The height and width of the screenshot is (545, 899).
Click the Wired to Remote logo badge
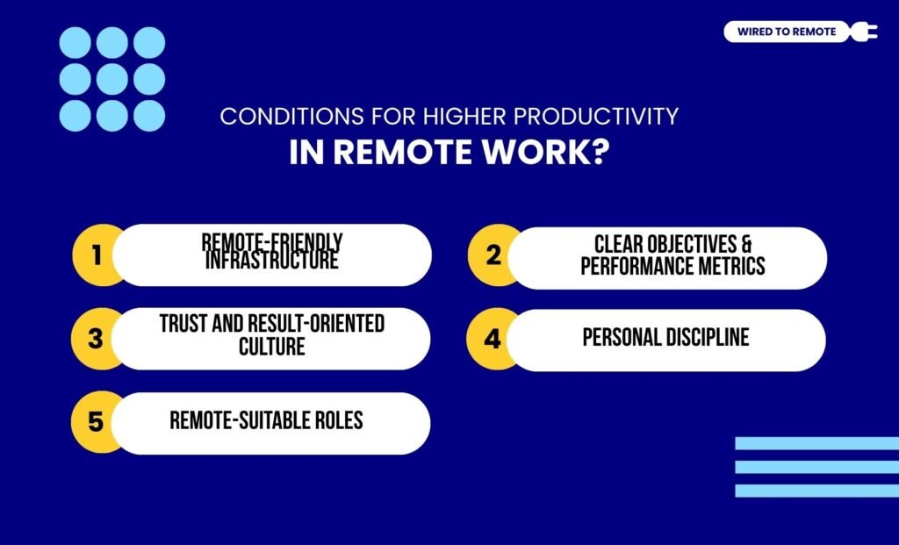(786, 32)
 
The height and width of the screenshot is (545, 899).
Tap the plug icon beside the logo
(862, 32)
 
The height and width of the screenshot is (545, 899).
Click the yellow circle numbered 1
(97, 255)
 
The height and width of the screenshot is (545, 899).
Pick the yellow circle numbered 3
(97, 338)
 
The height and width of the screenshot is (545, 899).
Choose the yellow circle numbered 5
(97, 422)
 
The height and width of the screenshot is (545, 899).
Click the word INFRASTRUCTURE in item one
(271, 261)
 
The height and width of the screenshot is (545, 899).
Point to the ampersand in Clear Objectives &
(745, 243)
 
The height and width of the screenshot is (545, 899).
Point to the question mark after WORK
(599, 151)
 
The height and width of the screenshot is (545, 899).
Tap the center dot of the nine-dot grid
(112, 79)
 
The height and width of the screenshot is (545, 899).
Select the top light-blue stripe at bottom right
(816, 443)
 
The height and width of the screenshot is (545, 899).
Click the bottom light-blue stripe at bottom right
(816, 491)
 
